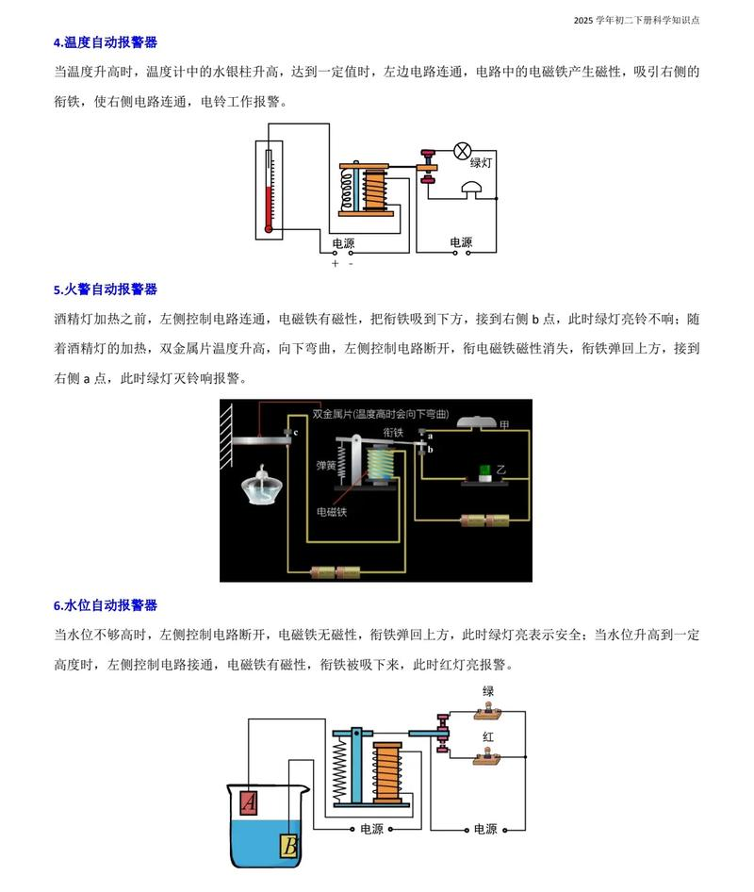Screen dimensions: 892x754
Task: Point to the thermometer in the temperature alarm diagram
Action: tap(269, 190)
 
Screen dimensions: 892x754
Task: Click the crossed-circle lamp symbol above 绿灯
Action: tap(463, 151)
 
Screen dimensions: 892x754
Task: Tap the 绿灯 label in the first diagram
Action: tap(481, 163)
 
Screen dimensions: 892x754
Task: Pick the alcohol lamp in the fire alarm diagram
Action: tap(257, 487)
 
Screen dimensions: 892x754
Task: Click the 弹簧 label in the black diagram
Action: tap(326, 465)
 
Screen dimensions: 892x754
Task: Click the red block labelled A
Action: tap(249, 802)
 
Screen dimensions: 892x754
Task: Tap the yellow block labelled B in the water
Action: tap(289, 846)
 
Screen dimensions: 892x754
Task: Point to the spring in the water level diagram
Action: tap(339, 768)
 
